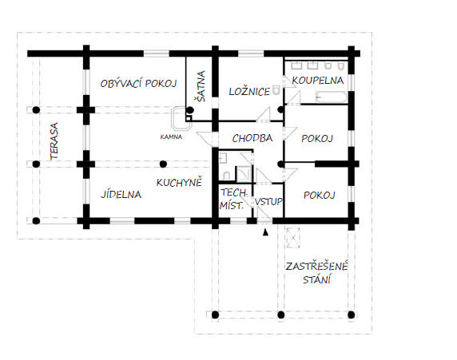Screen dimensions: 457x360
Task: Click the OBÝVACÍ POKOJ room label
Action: [138, 83]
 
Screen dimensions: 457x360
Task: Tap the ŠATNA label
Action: [201, 86]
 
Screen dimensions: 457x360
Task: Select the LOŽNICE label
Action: [249, 92]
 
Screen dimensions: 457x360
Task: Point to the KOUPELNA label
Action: [318, 80]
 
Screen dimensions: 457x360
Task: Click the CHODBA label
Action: [252, 138]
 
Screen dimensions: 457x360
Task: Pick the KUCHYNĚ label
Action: [179, 183]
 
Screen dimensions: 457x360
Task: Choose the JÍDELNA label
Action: [121, 194]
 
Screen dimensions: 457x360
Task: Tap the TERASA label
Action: [54, 141]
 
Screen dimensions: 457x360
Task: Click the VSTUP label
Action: [268, 202]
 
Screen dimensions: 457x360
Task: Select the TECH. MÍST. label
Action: [233, 200]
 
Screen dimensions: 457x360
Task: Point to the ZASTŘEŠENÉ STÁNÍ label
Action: [317, 273]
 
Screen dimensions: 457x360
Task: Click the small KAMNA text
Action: [171, 136]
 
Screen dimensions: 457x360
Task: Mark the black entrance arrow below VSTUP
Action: [265, 232]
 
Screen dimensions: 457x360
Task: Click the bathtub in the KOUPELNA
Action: [332, 97]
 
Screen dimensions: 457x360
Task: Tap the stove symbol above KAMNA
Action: [181, 119]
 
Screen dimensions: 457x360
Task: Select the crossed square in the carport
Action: [293, 238]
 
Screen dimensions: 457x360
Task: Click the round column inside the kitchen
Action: [164, 164]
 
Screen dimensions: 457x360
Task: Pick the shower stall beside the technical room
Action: [244, 174]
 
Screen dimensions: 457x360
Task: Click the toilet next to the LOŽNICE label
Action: [276, 90]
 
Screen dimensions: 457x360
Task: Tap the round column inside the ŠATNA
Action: [190, 110]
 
